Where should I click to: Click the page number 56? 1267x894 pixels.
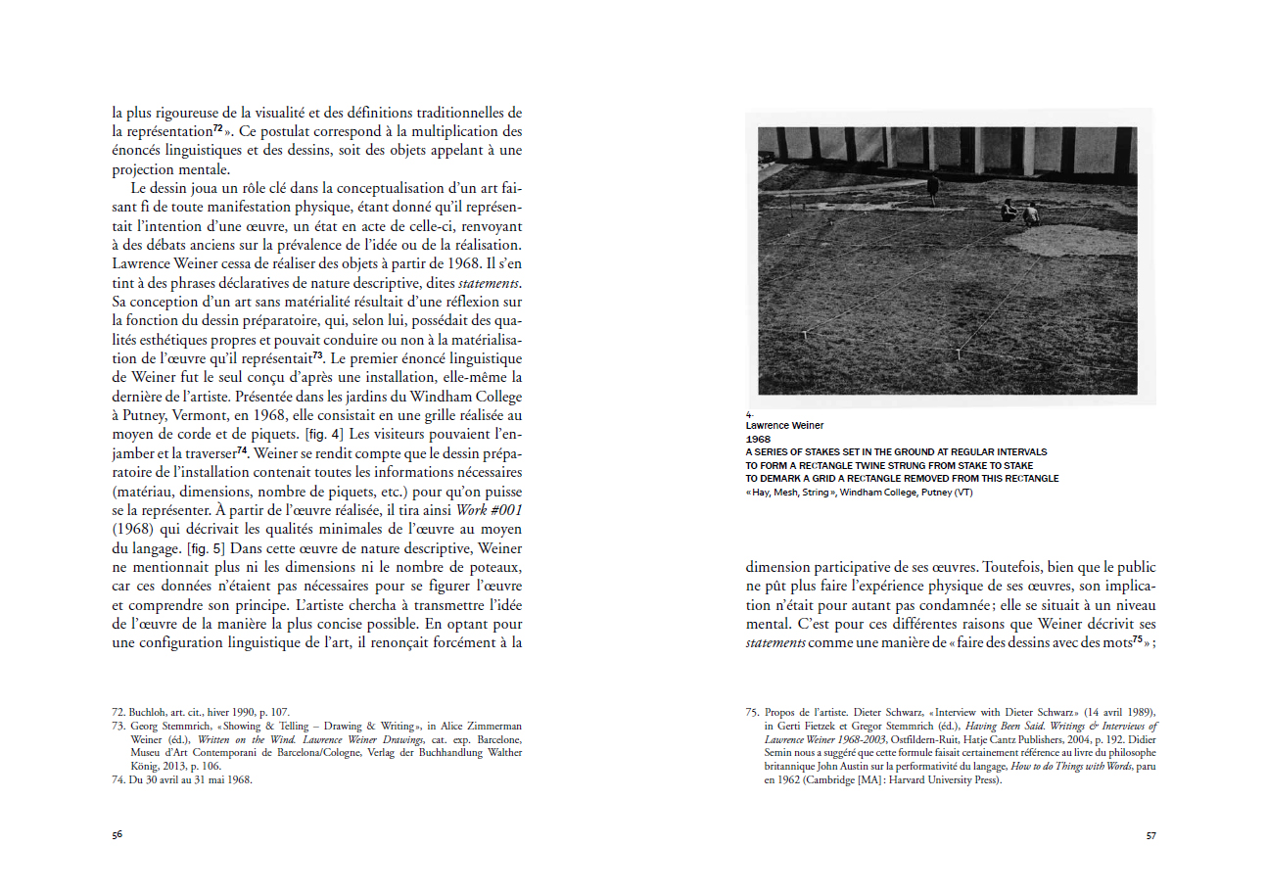click(x=117, y=835)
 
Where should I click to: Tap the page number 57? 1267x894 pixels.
click(x=1150, y=835)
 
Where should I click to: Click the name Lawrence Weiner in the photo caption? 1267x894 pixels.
click(x=784, y=426)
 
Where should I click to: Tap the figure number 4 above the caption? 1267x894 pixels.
click(x=748, y=414)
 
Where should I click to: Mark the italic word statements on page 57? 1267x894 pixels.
click(x=775, y=642)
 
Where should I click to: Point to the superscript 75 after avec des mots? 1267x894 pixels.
click(x=1138, y=640)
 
